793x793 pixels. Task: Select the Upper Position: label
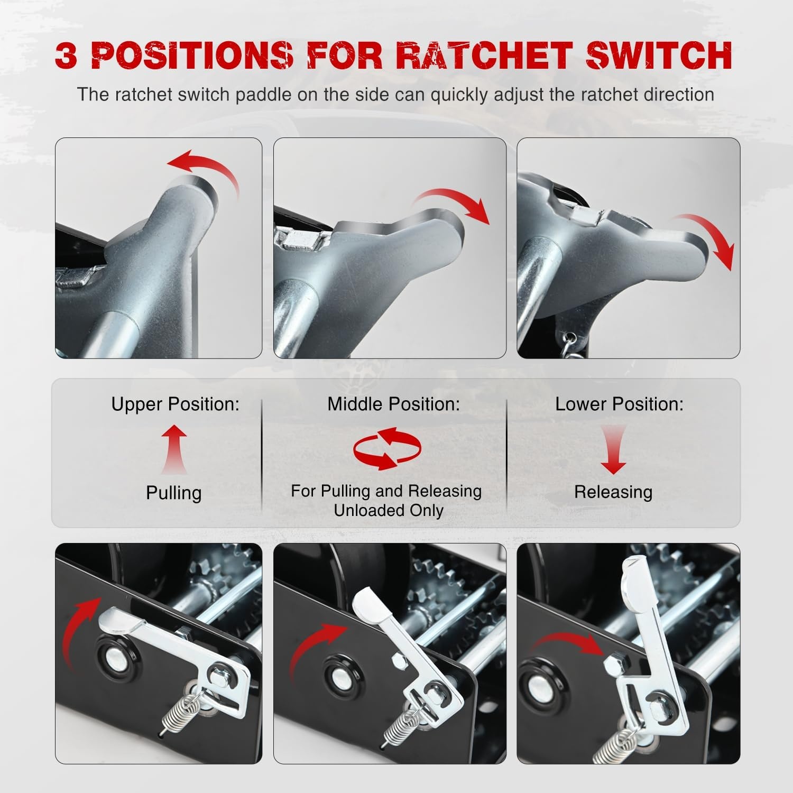tap(175, 404)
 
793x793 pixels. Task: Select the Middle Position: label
tap(393, 404)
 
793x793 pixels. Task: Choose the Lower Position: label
tap(619, 404)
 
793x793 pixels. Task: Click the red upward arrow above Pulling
tap(174, 449)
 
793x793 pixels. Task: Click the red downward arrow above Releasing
tap(613, 449)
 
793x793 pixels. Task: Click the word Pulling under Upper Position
tap(174, 493)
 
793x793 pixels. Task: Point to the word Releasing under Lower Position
tap(613, 492)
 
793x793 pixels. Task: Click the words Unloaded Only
tap(389, 511)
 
